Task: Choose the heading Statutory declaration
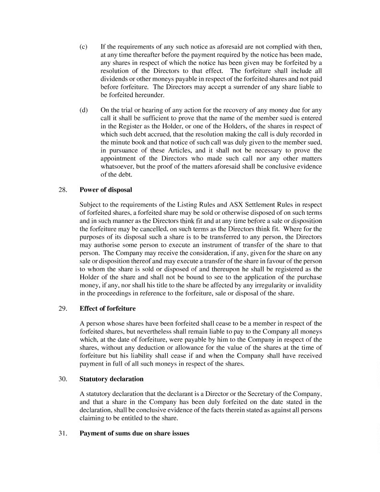coord(108,379)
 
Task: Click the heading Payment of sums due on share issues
coord(135,433)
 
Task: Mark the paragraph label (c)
coord(83,47)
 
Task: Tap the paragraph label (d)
coord(83,110)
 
